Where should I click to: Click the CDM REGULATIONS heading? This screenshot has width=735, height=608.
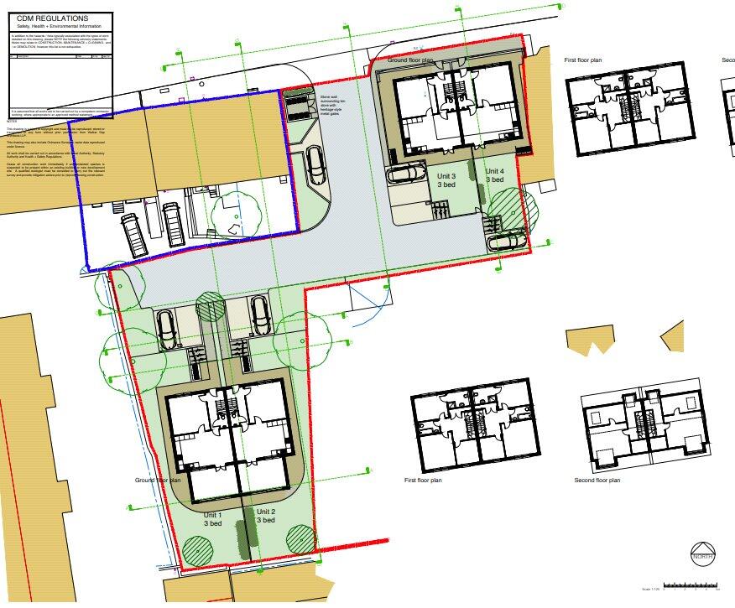pyautogui.click(x=52, y=18)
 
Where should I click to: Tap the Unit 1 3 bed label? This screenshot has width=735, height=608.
pyautogui.click(x=212, y=517)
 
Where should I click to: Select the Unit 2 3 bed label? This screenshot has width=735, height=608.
pyautogui.click(x=266, y=515)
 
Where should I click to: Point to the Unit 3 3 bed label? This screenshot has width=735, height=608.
pyautogui.click(x=446, y=179)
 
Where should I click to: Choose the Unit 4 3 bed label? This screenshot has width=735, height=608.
pyautogui.click(x=495, y=174)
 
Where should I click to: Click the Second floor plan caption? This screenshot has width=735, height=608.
pyautogui.click(x=597, y=481)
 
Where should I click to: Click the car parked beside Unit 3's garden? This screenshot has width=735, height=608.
pyautogui.click(x=407, y=174)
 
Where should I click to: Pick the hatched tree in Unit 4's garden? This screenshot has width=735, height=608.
pyautogui.click(x=506, y=204)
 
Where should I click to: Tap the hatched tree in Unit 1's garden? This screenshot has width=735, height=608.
pyautogui.click(x=199, y=550)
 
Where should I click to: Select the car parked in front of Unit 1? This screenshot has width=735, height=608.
pyautogui.click(x=166, y=329)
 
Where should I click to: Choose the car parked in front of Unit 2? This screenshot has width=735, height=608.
pyautogui.click(x=261, y=317)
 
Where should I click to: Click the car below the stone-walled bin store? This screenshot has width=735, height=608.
pyautogui.click(x=315, y=166)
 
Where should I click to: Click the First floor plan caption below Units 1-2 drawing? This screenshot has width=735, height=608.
pyautogui.click(x=422, y=481)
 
